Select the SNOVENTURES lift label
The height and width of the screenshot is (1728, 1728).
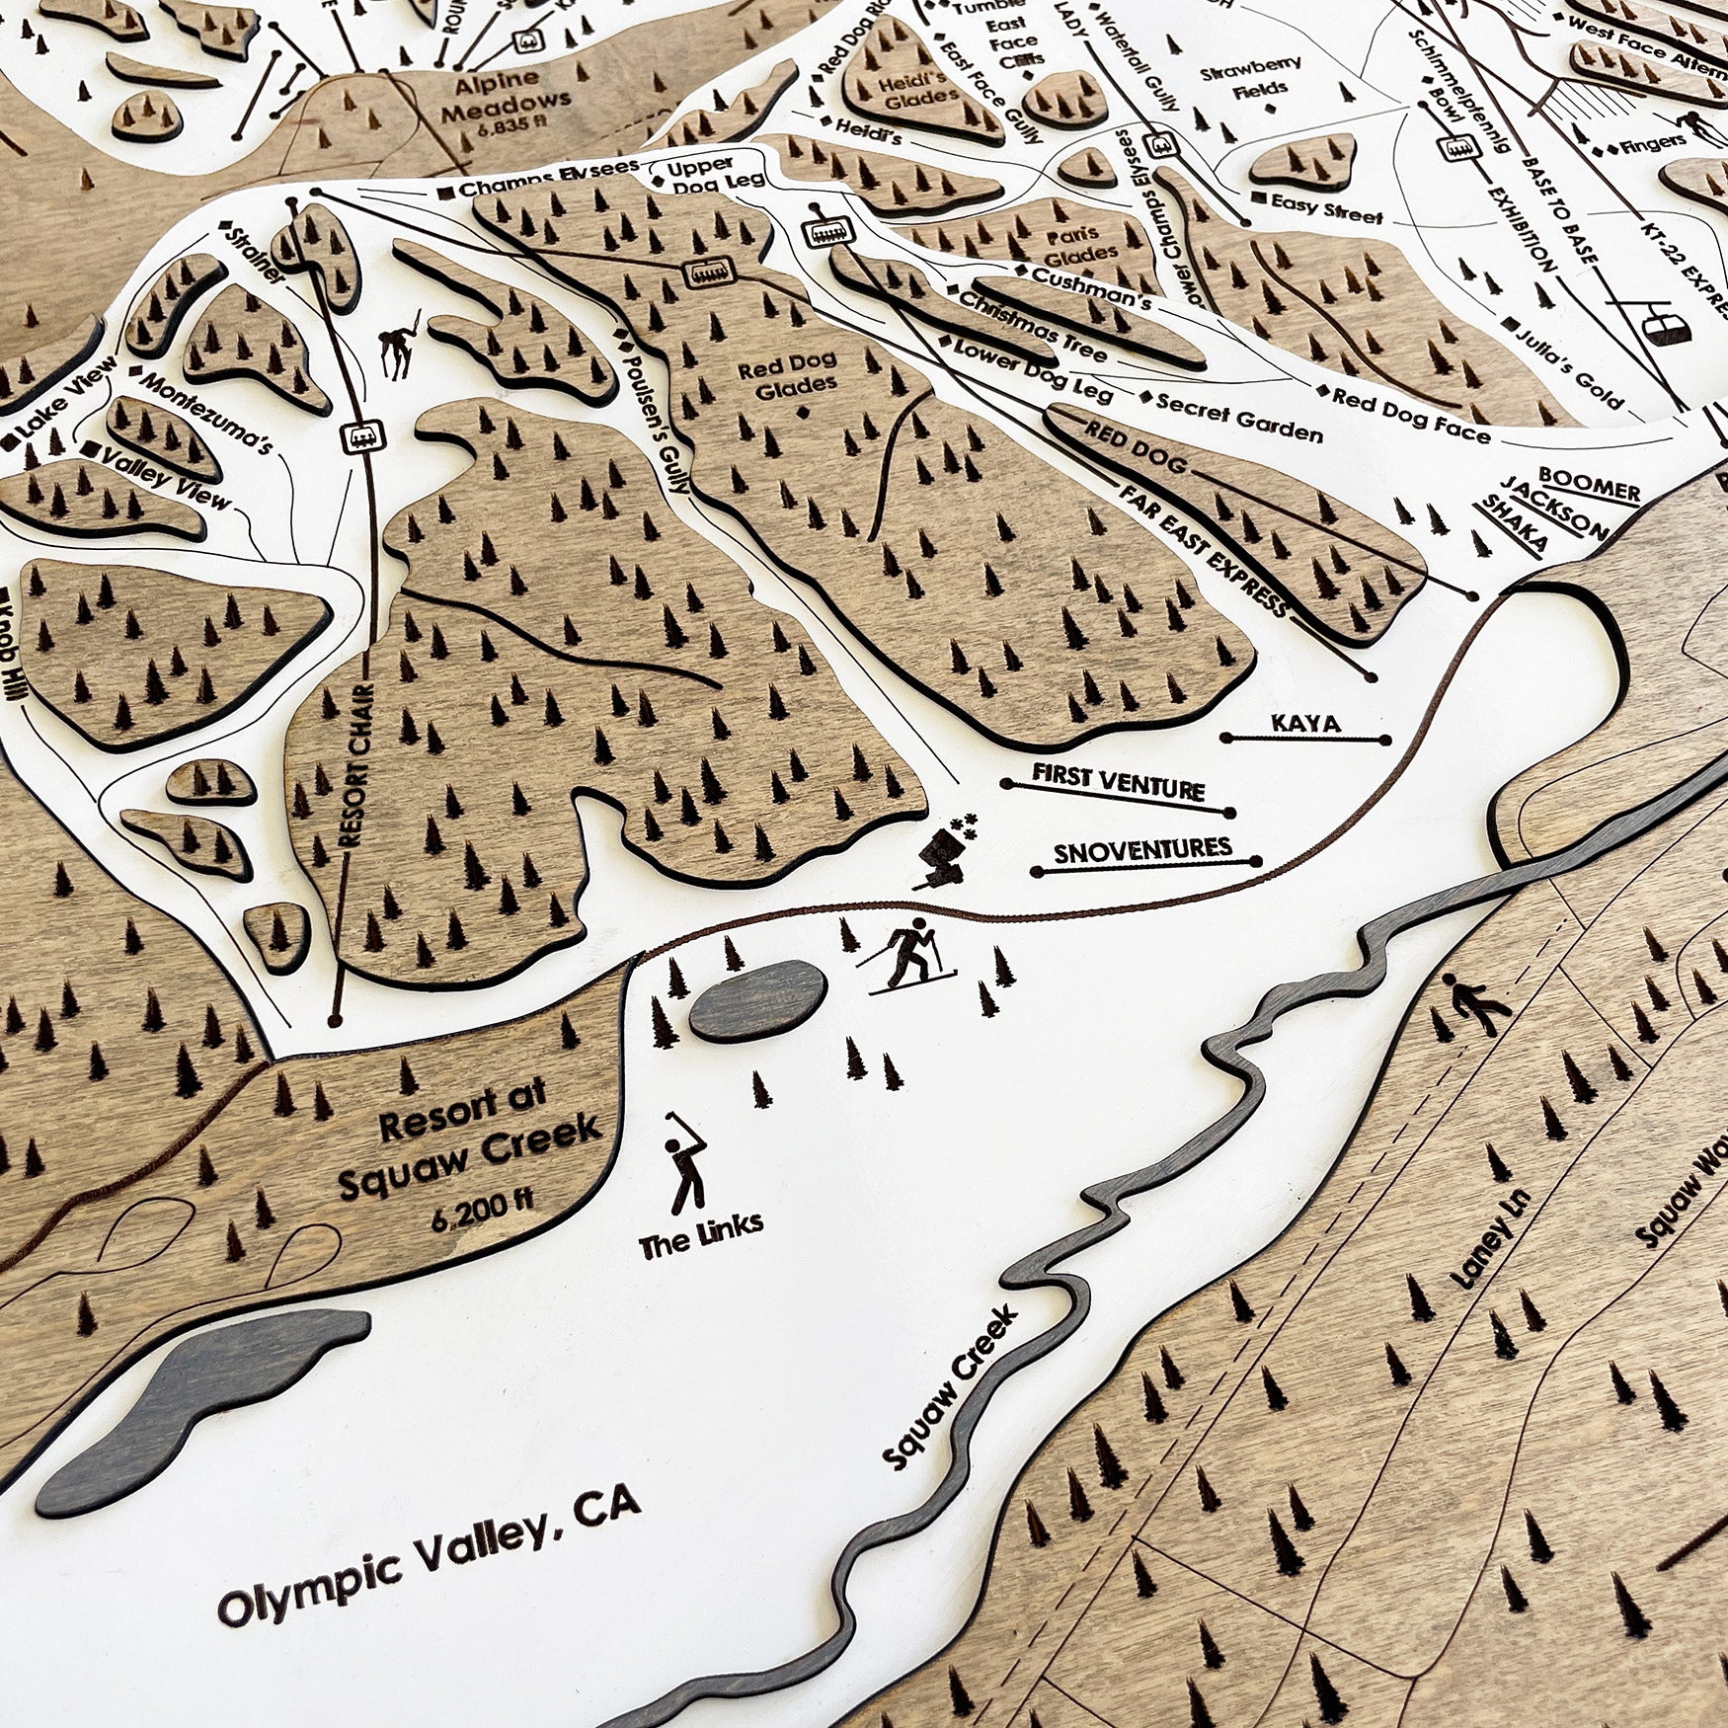click(x=1142, y=850)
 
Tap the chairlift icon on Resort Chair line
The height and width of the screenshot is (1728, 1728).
click(x=360, y=435)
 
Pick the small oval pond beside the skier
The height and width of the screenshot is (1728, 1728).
click(x=756, y=999)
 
